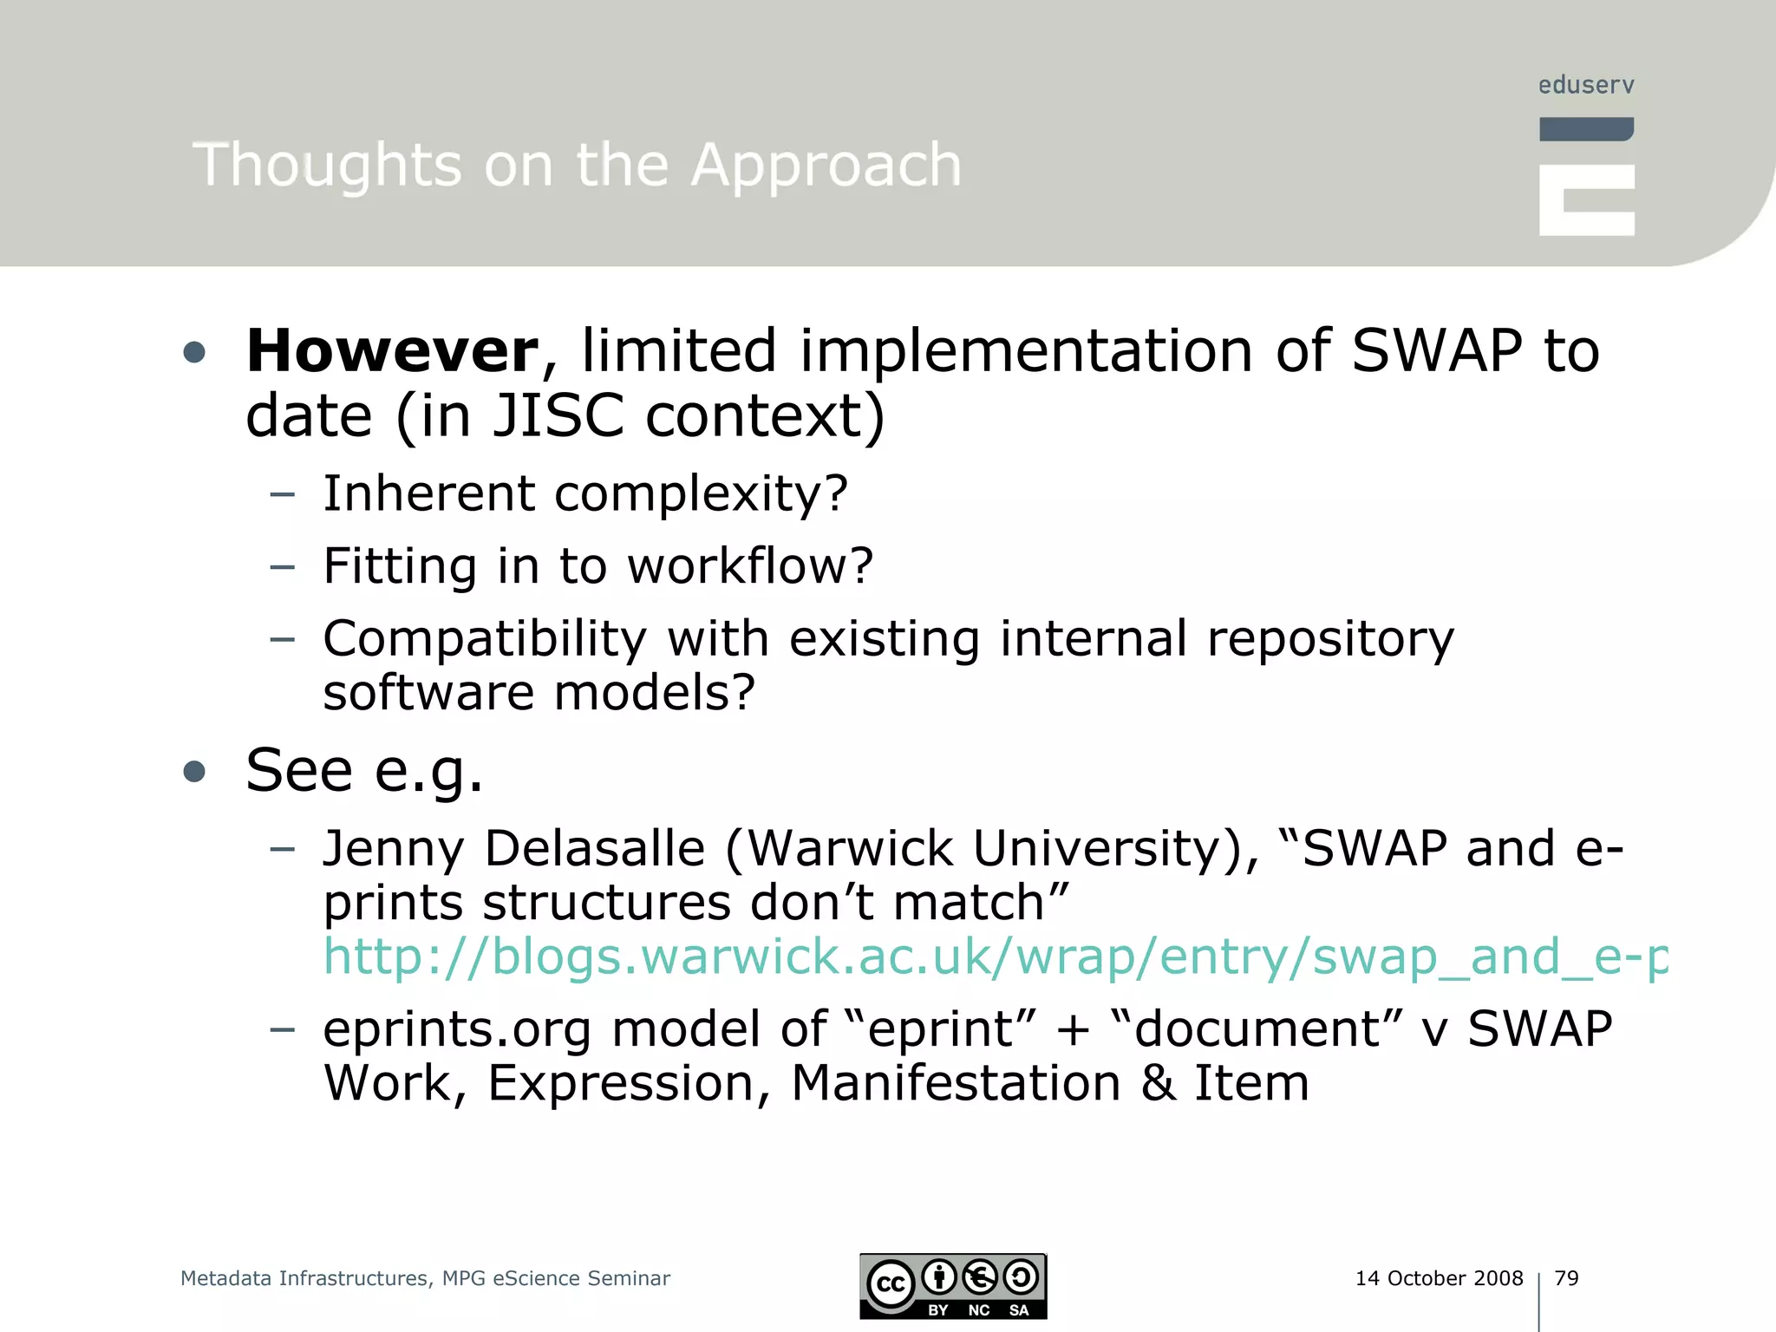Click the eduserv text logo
(x=1586, y=85)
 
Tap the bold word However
(x=393, y=350)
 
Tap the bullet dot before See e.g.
(x=194, y=771)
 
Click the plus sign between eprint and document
(x=1073, y=1029)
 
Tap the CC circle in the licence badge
(x=891, y=1284)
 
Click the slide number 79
(x=1566, y=1278)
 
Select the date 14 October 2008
(x=1439, y=1278)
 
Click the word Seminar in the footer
(x=628, y=1278)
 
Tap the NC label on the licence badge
(x=978, y=1310)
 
